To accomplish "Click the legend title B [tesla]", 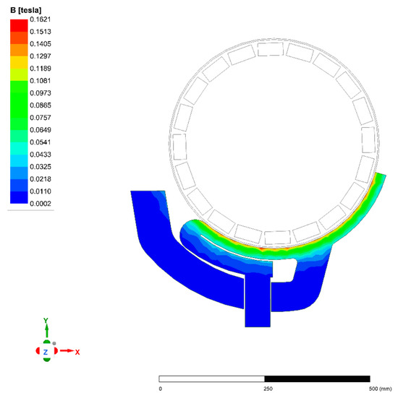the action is (25, 10).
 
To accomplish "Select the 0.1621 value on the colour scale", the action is (41, 20).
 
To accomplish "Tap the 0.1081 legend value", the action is (41, 81).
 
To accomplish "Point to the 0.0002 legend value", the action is (41, 204).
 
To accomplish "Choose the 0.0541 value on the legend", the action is (41, 142).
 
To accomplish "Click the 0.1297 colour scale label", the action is (41, 56).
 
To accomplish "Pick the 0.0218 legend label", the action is (41, 179).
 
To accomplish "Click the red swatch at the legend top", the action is (19, 25).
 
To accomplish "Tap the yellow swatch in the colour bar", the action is (19, 62).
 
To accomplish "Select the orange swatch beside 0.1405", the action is (19, 51).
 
